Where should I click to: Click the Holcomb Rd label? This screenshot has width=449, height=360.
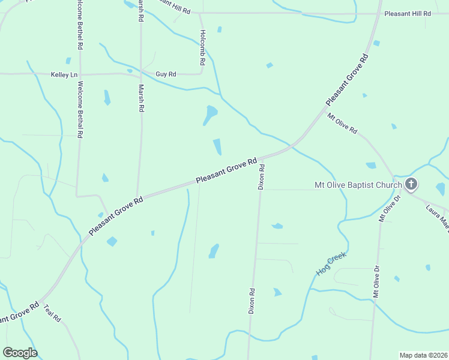click(203, 47)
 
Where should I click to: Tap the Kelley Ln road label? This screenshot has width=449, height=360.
click(65, 74)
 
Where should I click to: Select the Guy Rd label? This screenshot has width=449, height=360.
click(166, 74)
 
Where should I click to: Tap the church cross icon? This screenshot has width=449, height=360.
click(411, 184)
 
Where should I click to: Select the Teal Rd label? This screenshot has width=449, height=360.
click(52, 314)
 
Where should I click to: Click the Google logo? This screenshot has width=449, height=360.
click(20, 353)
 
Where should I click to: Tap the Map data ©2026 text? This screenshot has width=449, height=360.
click(423, 355)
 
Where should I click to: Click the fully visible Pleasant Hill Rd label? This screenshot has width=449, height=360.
click(408, 13)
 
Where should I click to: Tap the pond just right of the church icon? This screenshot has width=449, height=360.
click(441, 190)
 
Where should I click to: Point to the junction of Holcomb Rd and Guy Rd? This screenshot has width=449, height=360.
click(202, 74)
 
